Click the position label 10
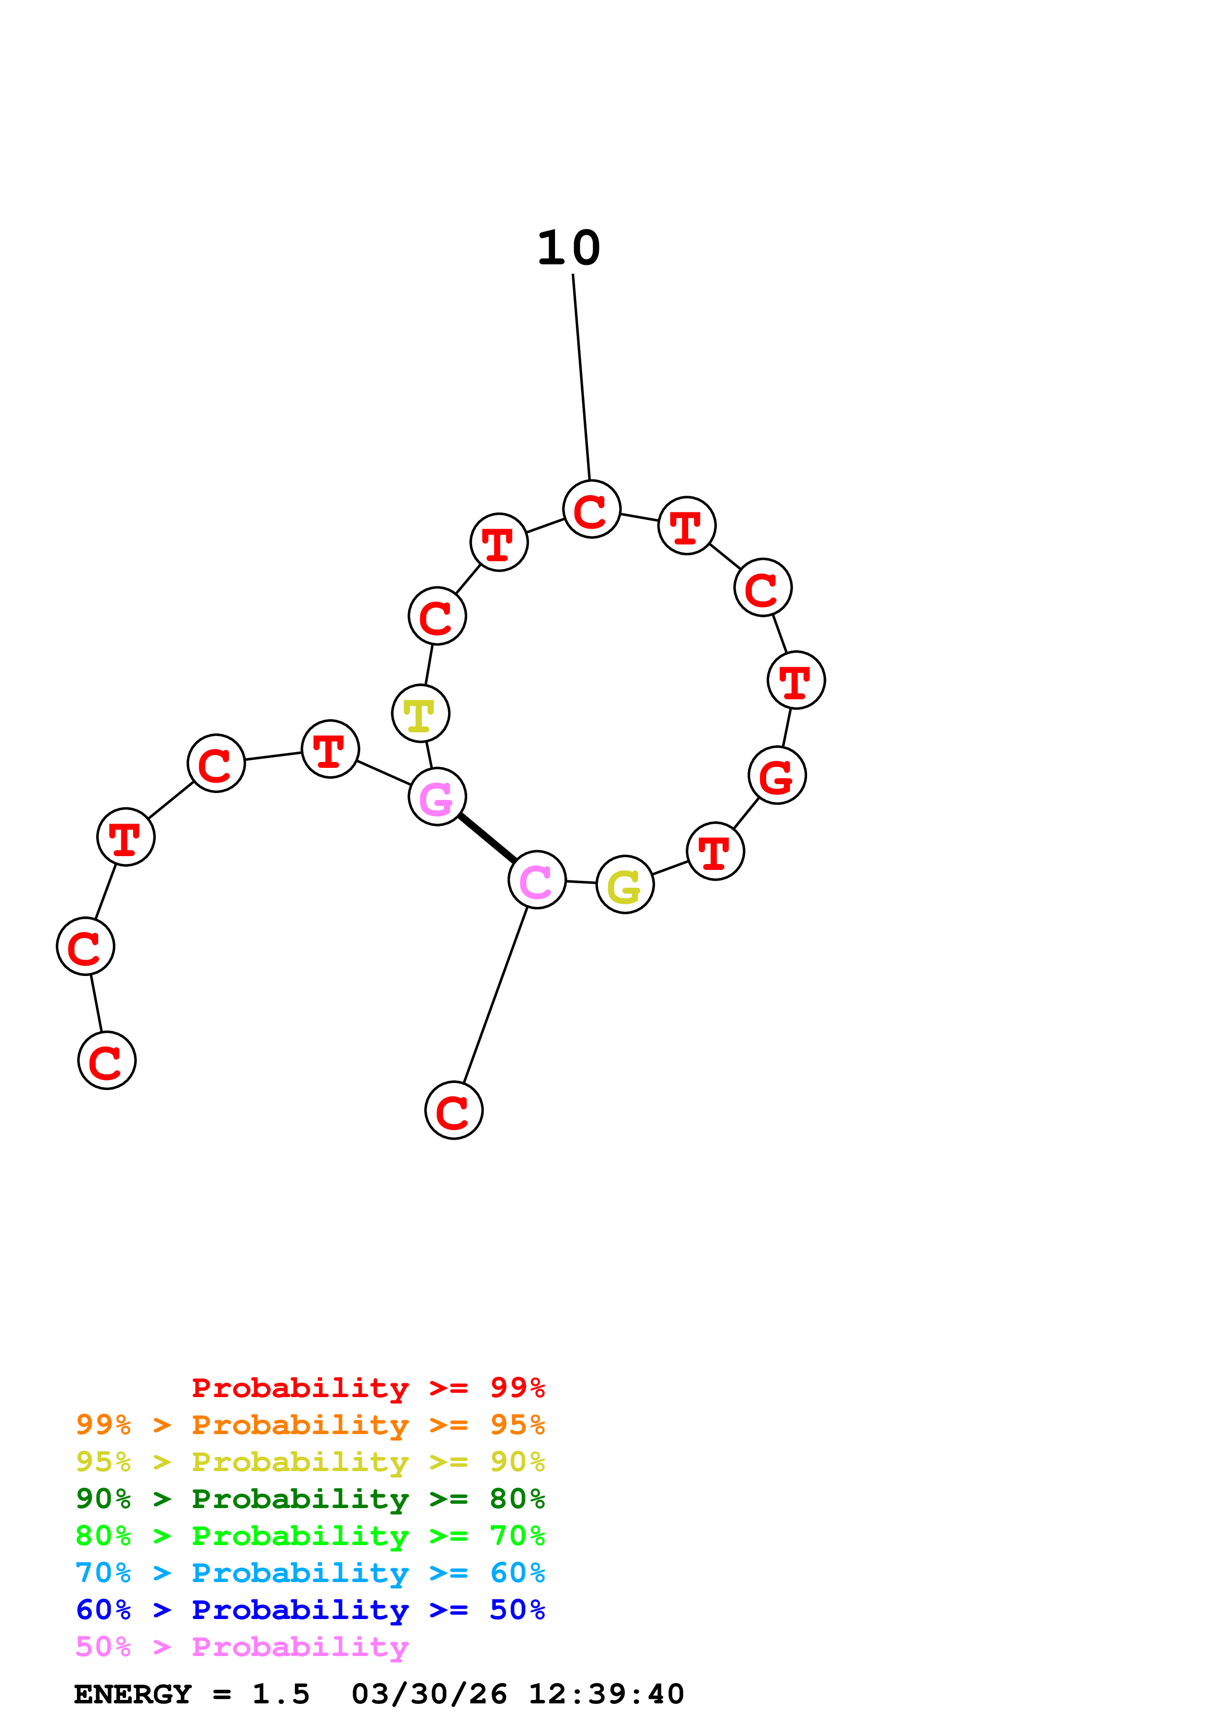click(568, 248)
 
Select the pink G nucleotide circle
click(437, 796)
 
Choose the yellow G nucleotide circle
click(625, 885)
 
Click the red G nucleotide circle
click(777, 775)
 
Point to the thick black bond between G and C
click(487, 838)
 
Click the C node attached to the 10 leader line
click(592, 509)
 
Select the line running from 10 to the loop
click(581, 377)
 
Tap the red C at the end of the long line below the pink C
click(454, 1110)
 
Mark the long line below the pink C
click(495, 995)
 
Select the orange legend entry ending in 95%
click(310, 1425)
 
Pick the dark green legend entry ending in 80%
click(310, 1499)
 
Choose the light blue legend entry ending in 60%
click(310, 1573)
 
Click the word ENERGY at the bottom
click(133, 1694)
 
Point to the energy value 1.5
click(280, 1694)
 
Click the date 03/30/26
click(429, 1694)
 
